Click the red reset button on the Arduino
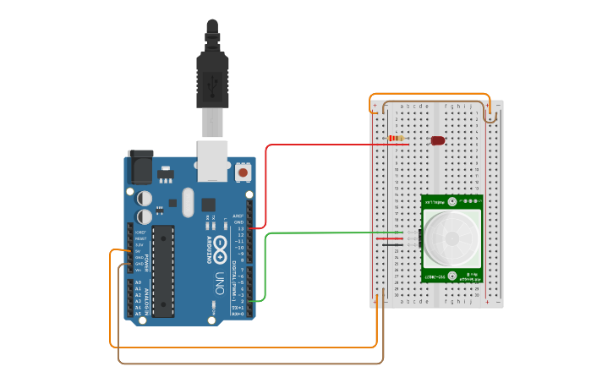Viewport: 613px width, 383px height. click(244, 172)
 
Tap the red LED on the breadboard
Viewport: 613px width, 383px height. click(438, 140)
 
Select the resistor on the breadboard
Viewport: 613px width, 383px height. click(395, 139)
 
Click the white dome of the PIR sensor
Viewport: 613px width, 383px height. click(451, 237)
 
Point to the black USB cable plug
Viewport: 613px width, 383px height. click(212, 80)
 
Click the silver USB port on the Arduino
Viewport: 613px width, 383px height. click(213, 161)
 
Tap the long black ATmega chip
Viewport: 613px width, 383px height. click(163, 271)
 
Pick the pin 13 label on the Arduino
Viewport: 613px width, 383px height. click(240, 228)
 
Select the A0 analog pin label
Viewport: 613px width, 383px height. click(139, 282)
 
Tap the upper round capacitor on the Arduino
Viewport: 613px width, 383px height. click(145, 197)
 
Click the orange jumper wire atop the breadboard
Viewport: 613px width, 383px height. click(431, 94)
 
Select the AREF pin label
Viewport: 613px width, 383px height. click(238, 216)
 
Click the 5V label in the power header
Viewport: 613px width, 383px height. click(139, 251)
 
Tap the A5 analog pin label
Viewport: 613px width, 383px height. click(139, 313)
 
